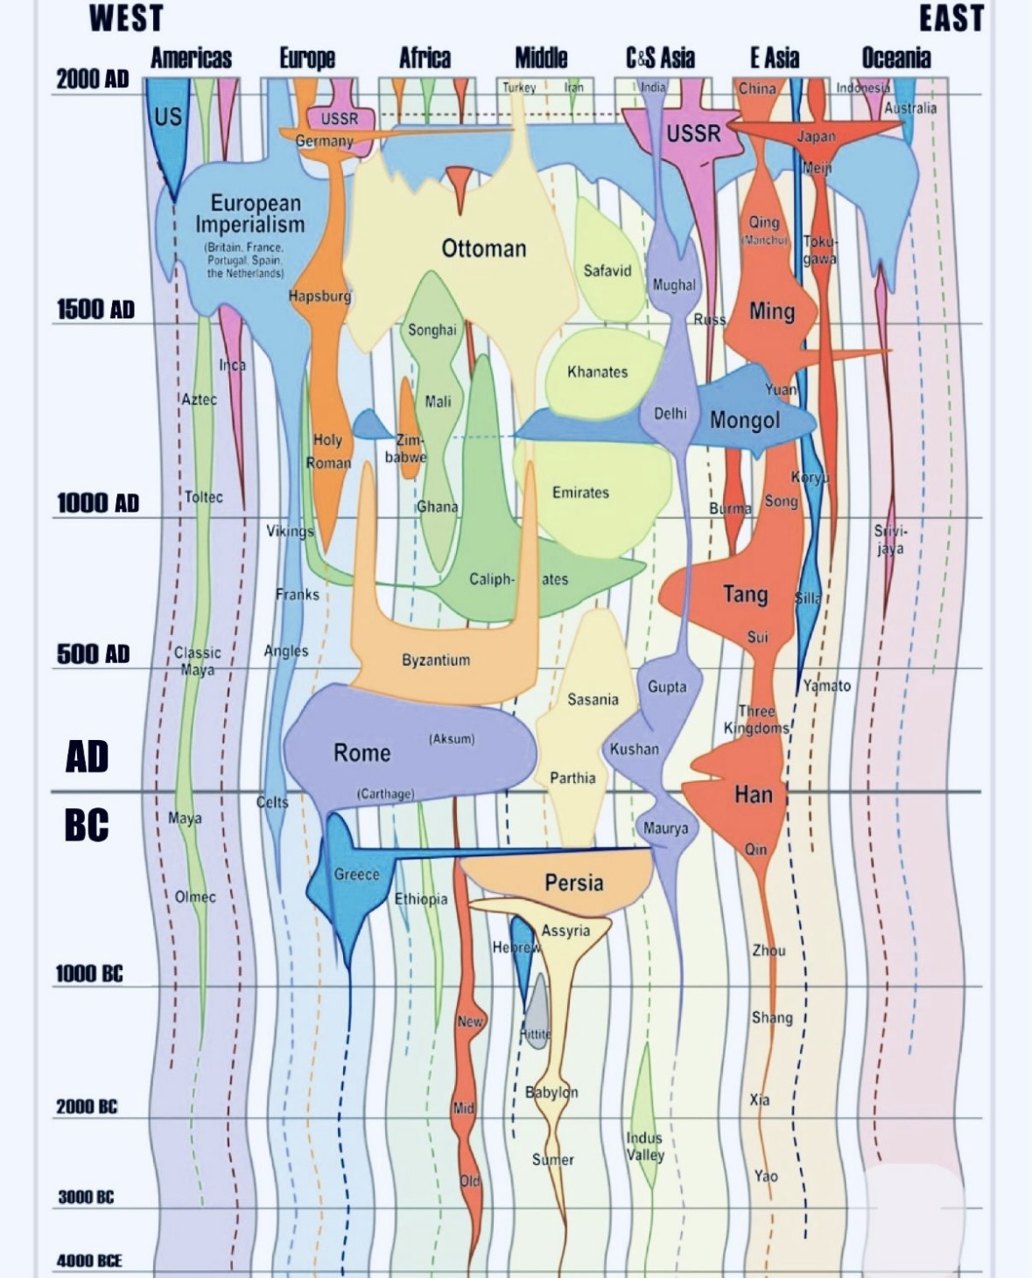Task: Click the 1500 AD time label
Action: click(x=95, y=310)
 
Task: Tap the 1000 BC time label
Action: click(x=88, y=974)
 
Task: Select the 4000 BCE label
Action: click(x=89, y=1261)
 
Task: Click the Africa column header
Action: click(x=425, y=59)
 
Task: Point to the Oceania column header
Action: click(x=895, y=59)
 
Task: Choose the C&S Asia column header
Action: click(x=660, y=59)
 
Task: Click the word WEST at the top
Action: click(x=126, y=18)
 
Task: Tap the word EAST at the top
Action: click(x=951, y=18)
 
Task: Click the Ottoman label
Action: click(x=483, y=249)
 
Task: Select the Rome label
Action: click(x=362, y=753)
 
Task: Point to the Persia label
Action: click(x=573, y=883)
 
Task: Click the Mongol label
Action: click(x=744, y=421)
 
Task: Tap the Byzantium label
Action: click(x=436, y=660)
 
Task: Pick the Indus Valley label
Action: click(x=644, y=1146)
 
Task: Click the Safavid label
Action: click(x=607, y=271)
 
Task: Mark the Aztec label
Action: click(x=199, y=400)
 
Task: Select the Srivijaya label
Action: click(x=890, y=540)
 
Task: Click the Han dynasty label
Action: click(x=753, y=795)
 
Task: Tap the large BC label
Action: click(x=87, y=825)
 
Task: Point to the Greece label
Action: click(x=356, y=874)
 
